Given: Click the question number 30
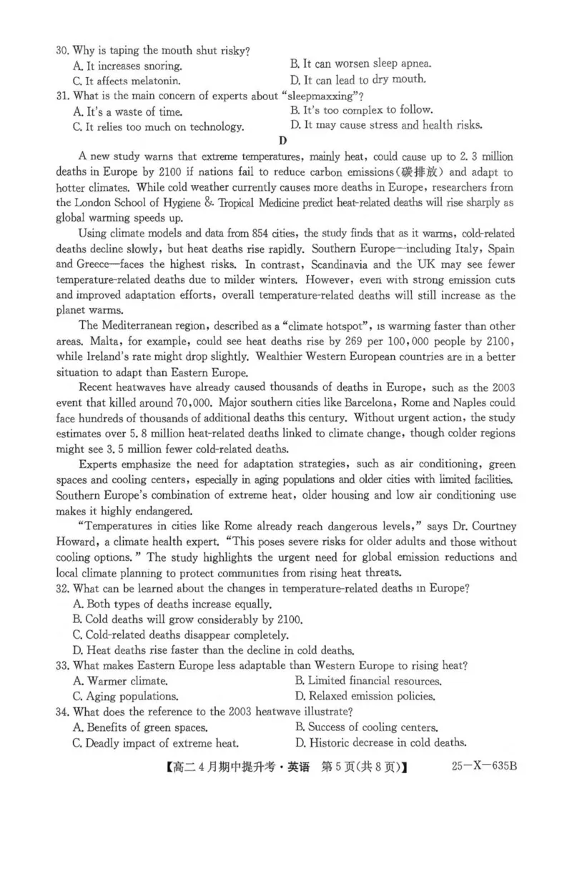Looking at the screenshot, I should (x=63, y=51).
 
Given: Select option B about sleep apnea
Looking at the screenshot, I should (x=361, y=64).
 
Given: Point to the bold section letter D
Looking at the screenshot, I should (x=284, y=141).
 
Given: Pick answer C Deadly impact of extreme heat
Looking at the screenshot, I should (x=156, y=742).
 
